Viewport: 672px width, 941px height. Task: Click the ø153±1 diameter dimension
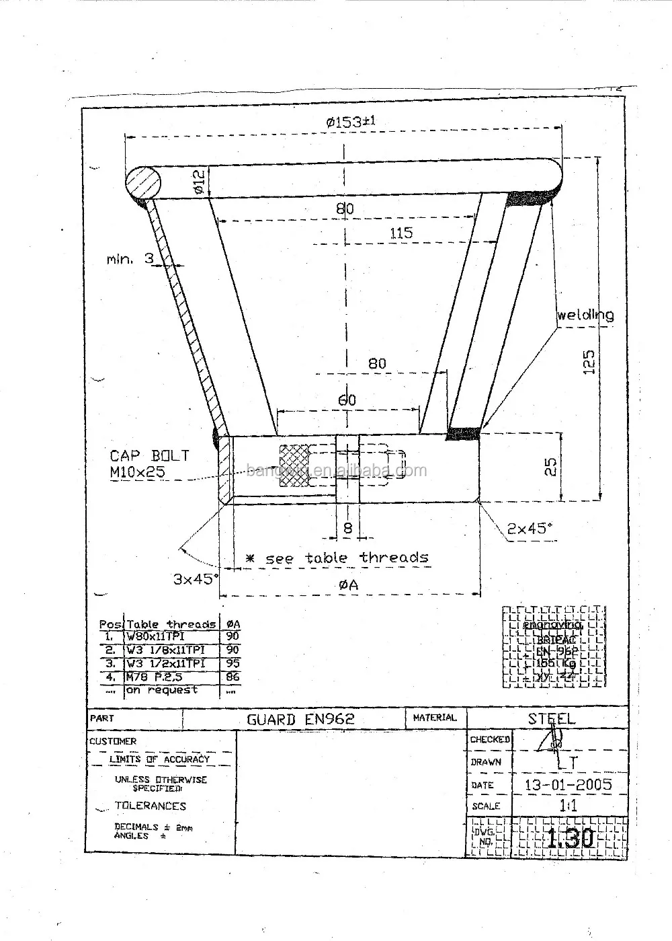pos(349,122)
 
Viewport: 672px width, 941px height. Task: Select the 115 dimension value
pos(401,233)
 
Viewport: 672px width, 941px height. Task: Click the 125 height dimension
pos(589,363)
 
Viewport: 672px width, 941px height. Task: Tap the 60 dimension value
pos(347,400)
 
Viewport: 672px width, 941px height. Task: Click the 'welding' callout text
pos(585,315)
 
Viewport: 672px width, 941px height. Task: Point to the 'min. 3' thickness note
pos(130,258)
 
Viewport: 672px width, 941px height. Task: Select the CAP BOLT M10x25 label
pos(149,463)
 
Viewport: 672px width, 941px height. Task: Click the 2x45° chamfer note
pos(530,528)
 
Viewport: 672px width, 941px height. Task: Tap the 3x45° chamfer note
pos(196,578)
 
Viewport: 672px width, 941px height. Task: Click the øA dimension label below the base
pos(349,585)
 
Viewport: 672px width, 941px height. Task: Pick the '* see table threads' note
pos(336,558)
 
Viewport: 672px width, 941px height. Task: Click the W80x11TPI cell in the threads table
pos(155,636)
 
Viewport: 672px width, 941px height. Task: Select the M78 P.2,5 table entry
pos(154,677)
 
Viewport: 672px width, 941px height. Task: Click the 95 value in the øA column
pos(233,663)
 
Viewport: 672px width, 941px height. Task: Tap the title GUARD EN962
pos(300,719)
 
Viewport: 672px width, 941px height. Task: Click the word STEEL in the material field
pos(551,718)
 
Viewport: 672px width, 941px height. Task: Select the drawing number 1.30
pos(569,838)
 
